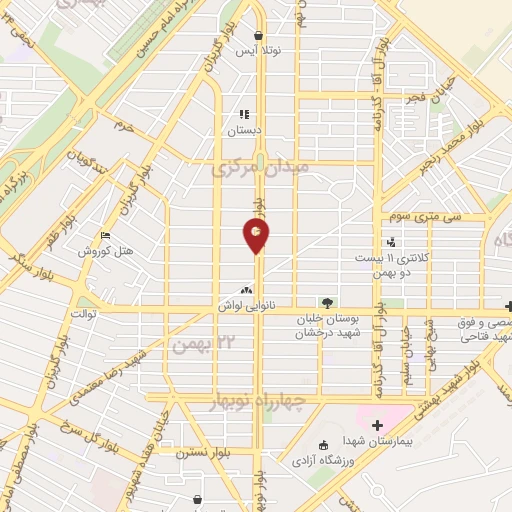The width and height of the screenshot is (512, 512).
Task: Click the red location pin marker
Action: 257,235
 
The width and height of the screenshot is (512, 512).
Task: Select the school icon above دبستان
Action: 243,114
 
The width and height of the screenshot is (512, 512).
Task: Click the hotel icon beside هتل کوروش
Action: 105,236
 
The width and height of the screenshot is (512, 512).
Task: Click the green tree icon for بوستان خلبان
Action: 326,302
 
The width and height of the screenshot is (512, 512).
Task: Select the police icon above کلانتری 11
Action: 391,242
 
